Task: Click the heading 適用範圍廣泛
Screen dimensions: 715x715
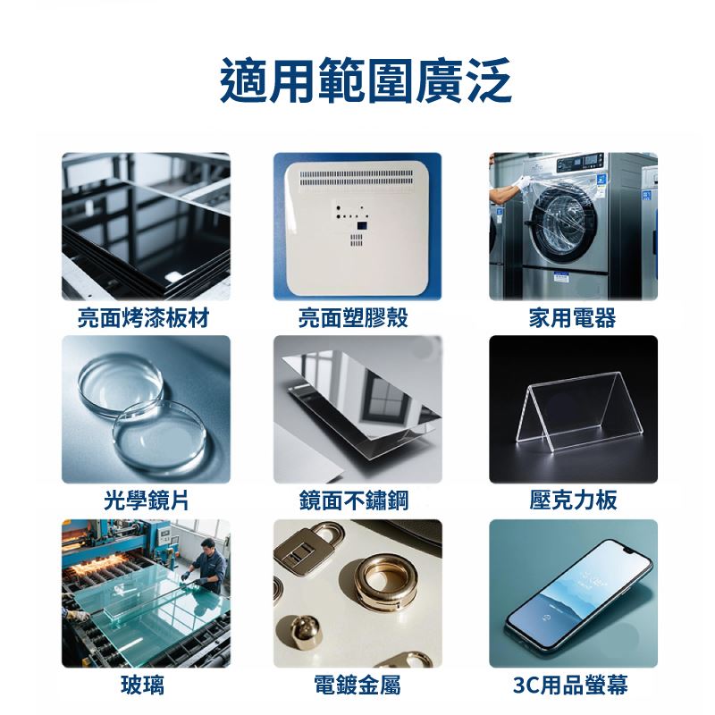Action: [x=366, y=80]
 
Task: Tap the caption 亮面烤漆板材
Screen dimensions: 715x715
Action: [x=143, y=318]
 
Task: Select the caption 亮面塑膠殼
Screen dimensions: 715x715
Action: [x=353, y=318]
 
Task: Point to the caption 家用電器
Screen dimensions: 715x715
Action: [x=572, y=318]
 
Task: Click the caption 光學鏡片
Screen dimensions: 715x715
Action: [x=146, y=500]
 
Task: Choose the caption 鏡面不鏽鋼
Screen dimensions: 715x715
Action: [x=354, y=500]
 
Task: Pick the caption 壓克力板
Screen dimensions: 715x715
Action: [x=573, y=500]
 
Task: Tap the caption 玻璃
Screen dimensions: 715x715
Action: [x=142, y=685]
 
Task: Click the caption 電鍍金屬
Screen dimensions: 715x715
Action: [x=357, y=685]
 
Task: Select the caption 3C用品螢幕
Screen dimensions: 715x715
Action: [x=570, y=685]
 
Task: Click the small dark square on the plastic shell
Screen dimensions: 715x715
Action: [x=362, y=225]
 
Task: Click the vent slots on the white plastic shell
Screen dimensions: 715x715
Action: [x=356, y=178]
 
